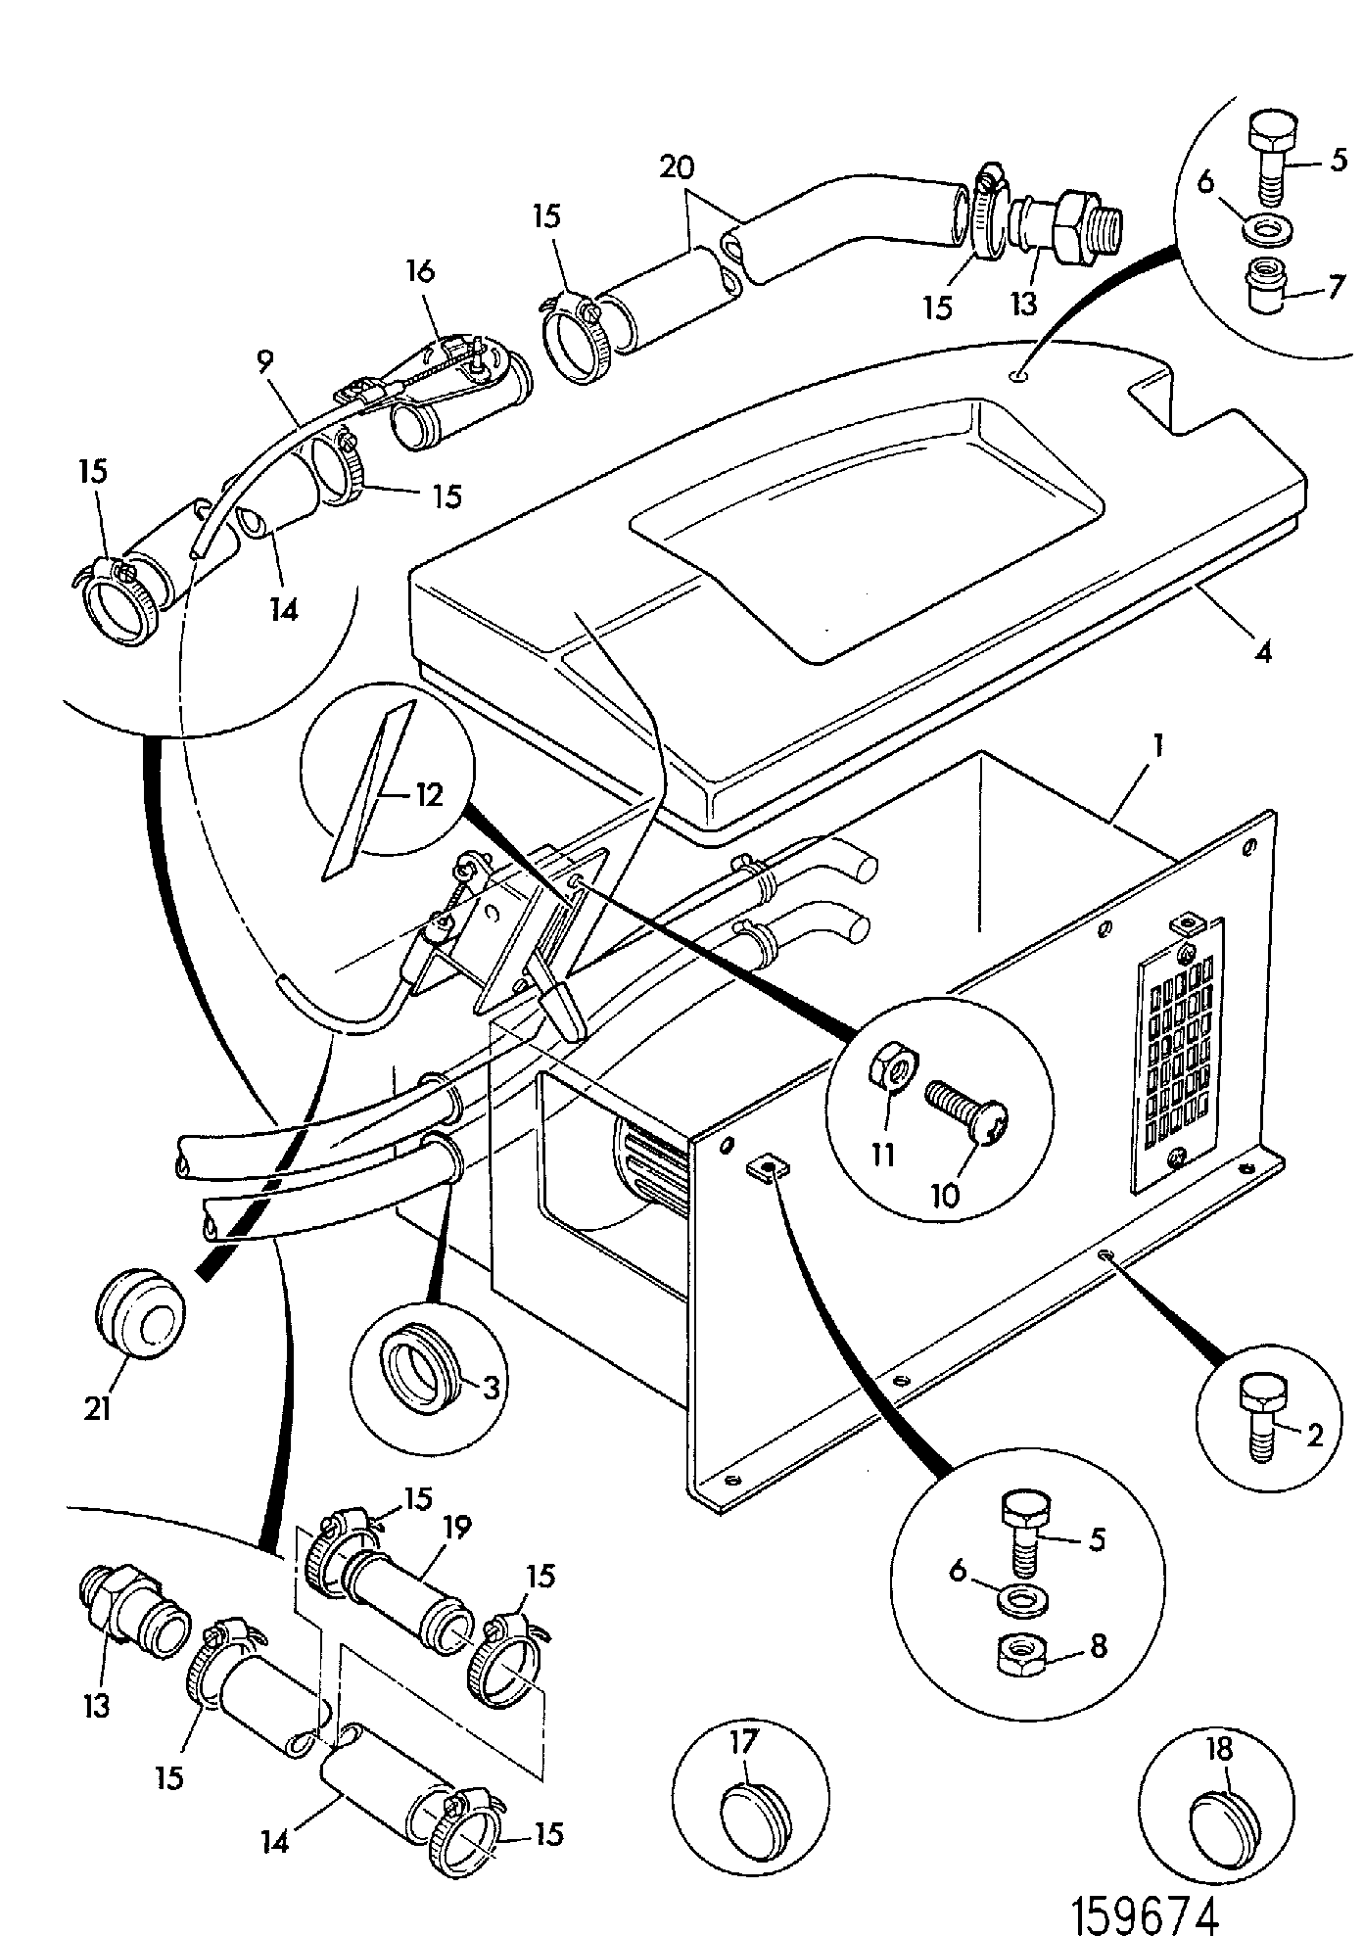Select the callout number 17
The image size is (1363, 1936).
click(x=746, y=1742)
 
